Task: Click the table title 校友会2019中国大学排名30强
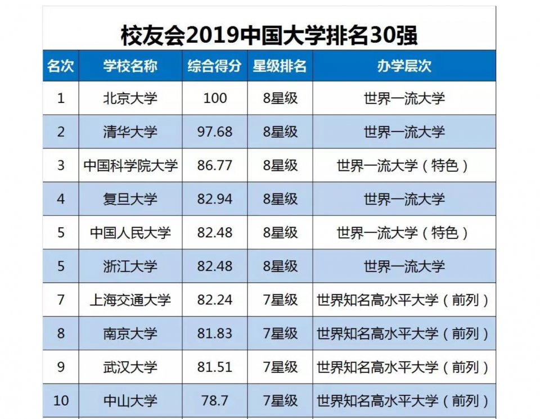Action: click(269, 35)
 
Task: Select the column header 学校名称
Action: click(130, 66)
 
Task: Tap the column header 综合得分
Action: click(214, 66)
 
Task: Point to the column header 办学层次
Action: click(404, 66)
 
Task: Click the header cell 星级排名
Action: click(280, 66)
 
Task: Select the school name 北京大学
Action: click(130, 98)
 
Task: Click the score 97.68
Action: click(214, 132)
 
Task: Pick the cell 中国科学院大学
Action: click(130, 165)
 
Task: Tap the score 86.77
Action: click(214, 165)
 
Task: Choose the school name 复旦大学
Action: click(130, 199)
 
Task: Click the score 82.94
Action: click(214, 199)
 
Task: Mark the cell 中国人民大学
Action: click(130, 233)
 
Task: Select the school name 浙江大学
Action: click(130, 267)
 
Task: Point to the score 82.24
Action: click(214, 300)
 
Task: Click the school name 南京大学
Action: click(130, 334)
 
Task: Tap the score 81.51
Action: click(214, 367)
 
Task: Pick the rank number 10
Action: click(61, 401)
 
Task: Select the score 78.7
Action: click(214, 401)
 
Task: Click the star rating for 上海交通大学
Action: click(280, 300)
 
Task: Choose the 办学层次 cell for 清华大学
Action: click(404, 132)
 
